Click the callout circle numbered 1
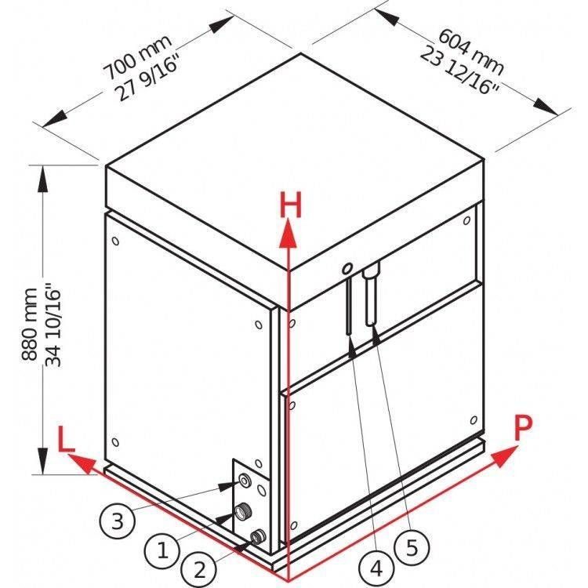[162, 550]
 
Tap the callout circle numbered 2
[199, 569]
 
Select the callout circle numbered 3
[118, 521]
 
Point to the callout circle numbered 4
[376, 568]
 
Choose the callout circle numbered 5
[412, 548]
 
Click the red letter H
[291, 206]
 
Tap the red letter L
[66, 439]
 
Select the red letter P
[523, 428]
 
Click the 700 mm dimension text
[137, 57]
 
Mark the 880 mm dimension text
[30, 324]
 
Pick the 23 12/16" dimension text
[459, 71]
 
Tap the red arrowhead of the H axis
[288, 234]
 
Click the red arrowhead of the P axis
[505, 456]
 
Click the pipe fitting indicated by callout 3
[245, 480]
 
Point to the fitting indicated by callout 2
[258, 536]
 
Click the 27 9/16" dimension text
[147, 79]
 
